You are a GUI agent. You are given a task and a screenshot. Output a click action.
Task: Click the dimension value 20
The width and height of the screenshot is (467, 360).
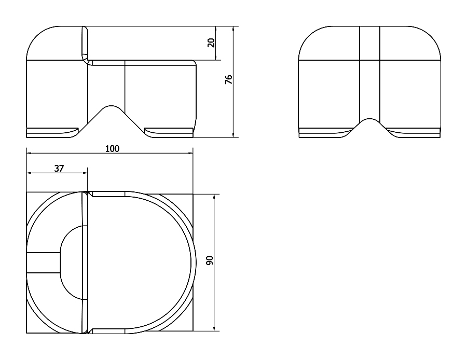point(211,43)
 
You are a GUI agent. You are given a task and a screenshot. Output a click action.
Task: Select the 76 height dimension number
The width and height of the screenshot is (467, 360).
point(228,79)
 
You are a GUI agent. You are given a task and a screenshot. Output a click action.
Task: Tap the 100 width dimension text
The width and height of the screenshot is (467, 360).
point(112,148)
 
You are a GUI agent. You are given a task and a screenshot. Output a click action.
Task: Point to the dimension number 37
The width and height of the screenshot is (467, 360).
point(59,169)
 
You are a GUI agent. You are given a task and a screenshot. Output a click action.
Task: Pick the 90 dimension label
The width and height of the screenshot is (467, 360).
point(210,260)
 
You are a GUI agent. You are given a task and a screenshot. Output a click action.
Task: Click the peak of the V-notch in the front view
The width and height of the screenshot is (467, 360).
point(111,105)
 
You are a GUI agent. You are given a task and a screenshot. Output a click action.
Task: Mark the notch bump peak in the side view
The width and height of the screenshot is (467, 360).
point(369,119)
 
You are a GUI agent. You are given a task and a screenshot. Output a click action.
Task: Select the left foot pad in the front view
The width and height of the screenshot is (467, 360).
point(53,133)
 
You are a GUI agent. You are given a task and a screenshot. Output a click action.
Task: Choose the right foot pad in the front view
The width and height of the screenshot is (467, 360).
point(169,133)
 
